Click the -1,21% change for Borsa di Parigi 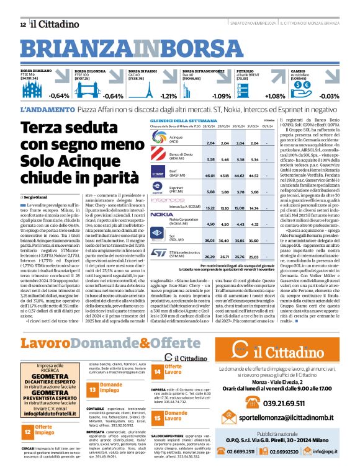click(x=168, y=96)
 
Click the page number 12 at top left click(x=22, y=24)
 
